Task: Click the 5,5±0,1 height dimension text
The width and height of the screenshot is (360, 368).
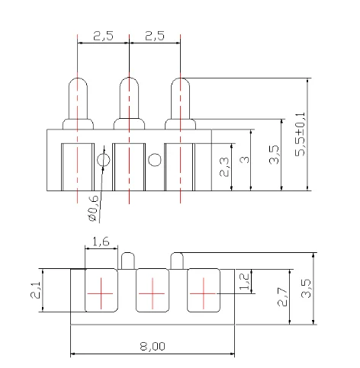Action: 300,135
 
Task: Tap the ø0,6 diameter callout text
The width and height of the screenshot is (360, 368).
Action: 92,208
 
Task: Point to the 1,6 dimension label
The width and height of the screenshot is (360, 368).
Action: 100,242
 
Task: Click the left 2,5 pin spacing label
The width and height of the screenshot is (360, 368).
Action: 103,36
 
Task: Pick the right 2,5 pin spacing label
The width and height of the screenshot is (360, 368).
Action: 155,36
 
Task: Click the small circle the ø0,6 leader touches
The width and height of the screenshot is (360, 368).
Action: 103,160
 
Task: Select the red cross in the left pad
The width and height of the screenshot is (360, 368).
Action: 100,293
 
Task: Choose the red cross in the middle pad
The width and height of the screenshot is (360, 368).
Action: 152,293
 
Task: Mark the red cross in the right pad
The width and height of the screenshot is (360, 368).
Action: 203,293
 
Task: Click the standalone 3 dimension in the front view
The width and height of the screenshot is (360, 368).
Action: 243,159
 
